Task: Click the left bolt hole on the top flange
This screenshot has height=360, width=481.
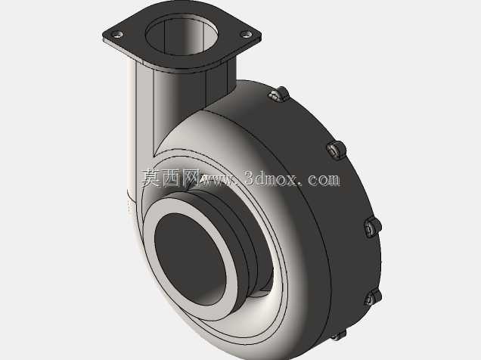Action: pyautogui.click(x=117, y=34)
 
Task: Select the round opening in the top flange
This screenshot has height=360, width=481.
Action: pyautogui.click(x=182, y=34)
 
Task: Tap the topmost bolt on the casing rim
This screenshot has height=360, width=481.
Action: pyautogui.click(x=279, y=94)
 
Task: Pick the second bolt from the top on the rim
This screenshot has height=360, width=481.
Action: pyautogui.click(x=336, y=150)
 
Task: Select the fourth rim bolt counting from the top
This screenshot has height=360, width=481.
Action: pyautogui.click(x=373, y=298)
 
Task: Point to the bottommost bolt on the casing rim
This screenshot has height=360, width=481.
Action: pyautogui.click(x=340, y=335)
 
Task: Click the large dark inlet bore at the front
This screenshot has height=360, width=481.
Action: pyautogui.click(x=190, y=259)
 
